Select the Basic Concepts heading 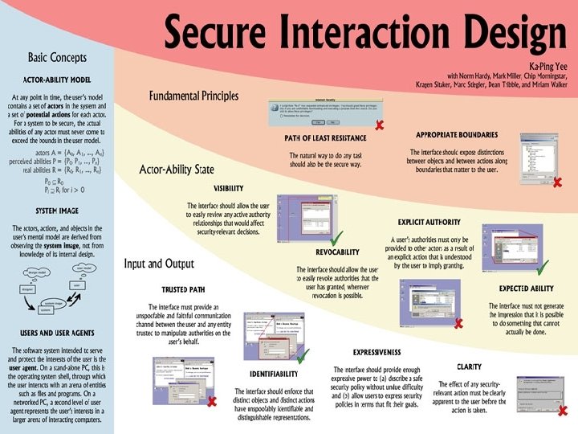(x=58, y=58)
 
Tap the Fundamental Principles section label (x=193, y=96)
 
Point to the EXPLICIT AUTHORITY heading (x=429, y=221)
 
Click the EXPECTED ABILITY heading (x=524, y=288)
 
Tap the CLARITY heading (x=469, y=366)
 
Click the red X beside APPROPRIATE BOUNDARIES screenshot (x=557, y=182)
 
